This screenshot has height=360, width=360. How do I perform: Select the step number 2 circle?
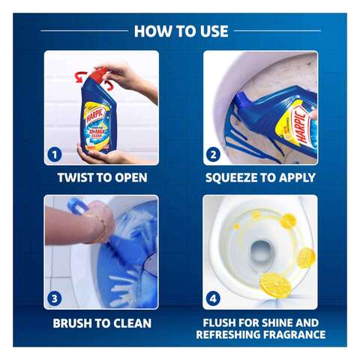click(x=213, y=154)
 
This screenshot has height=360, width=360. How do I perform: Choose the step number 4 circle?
click(x=213, y=298)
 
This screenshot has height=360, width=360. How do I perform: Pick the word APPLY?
click(x=295, y=178)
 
